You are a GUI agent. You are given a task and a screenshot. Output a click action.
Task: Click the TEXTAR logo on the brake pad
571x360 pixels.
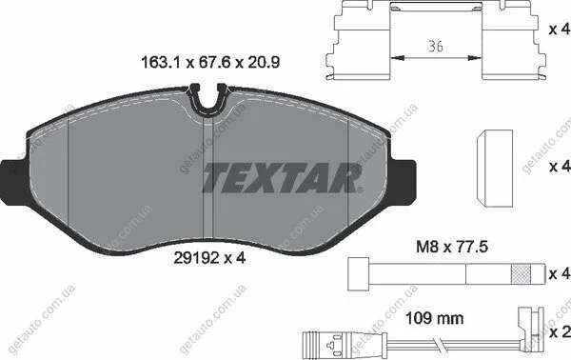click(283, 177)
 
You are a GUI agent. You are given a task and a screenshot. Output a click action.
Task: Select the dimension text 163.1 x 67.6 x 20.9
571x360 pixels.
click(210, 63)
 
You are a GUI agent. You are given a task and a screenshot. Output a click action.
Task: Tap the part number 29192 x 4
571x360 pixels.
click(209, 258)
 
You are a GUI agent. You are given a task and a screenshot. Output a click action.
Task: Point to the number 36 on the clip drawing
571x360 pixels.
click(436, 47)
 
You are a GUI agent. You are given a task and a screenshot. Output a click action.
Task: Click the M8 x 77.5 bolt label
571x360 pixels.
click(452, 248)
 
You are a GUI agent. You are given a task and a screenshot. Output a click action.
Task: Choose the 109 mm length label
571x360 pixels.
click(435, 318)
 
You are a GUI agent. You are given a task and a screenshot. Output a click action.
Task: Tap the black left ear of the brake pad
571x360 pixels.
click(14, 182)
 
